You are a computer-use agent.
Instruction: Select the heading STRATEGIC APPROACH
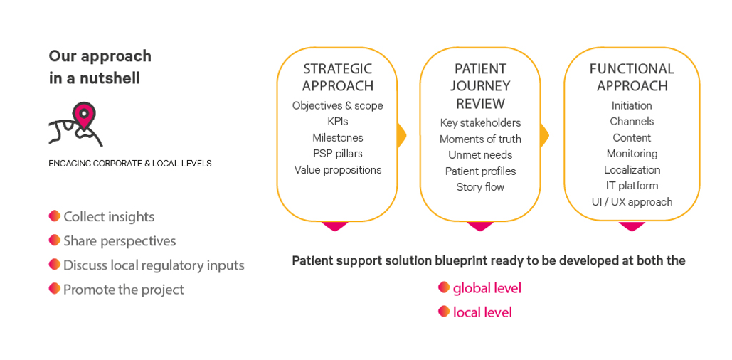[337, 78]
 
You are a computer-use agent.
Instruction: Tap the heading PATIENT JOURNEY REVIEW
[480, 86]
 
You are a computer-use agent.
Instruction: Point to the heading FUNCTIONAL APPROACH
[632, 78]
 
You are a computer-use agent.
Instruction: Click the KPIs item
[337, 122]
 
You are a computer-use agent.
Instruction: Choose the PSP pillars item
[337, 153]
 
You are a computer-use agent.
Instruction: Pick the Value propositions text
[337, 170]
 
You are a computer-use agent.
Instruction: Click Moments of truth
[480, 139]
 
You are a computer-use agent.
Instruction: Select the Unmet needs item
[480, 155]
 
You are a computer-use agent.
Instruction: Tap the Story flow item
[480, 187]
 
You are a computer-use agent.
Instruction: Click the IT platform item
[632, 186]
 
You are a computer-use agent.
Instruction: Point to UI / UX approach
[632, 202]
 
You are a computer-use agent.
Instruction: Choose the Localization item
[632, 169]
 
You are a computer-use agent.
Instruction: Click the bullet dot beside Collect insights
[55, 216]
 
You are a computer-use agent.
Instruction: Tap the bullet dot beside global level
[444, 287]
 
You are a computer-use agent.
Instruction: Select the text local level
[482, 312]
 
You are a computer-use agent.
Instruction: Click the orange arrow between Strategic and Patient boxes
[401, 135]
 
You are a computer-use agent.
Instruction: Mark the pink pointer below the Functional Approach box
[632, 226]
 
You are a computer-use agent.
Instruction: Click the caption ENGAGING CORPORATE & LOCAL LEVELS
[129, 164]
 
